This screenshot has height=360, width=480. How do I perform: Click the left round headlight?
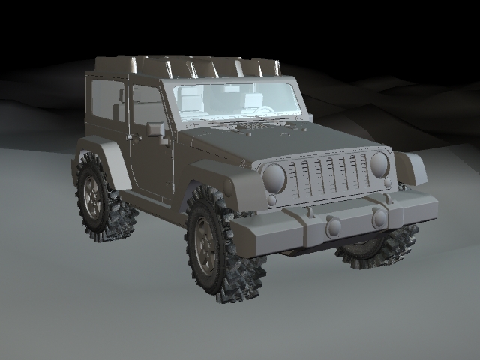[274, 178]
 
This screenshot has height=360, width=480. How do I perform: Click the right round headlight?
[379, 164]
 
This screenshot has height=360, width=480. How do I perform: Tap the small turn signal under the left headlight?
[271, 200]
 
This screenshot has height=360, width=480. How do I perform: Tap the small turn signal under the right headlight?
[387, 183]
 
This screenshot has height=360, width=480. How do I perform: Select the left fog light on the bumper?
[334, 226]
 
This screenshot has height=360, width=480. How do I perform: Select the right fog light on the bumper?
[379, 218]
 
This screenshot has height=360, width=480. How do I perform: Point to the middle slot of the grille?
[329, 177]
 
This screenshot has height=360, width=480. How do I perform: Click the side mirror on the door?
[155, 129]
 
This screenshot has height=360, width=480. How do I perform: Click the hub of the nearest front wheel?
[203, 245]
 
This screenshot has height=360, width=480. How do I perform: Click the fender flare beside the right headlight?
[412, 169]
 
